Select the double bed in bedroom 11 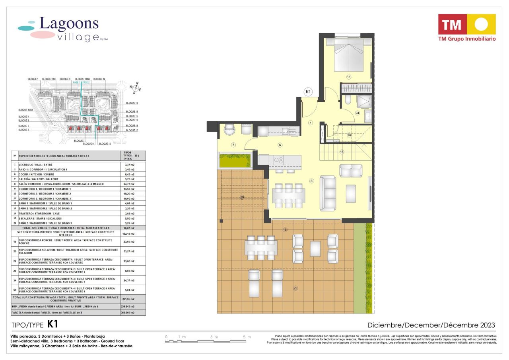349,55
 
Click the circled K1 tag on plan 308,92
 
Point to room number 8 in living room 312,181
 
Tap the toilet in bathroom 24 348,99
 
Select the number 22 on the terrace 295,288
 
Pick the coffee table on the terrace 315,249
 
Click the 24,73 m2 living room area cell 129,184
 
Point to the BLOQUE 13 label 132,103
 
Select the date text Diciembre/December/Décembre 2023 431,325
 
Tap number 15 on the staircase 341,152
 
